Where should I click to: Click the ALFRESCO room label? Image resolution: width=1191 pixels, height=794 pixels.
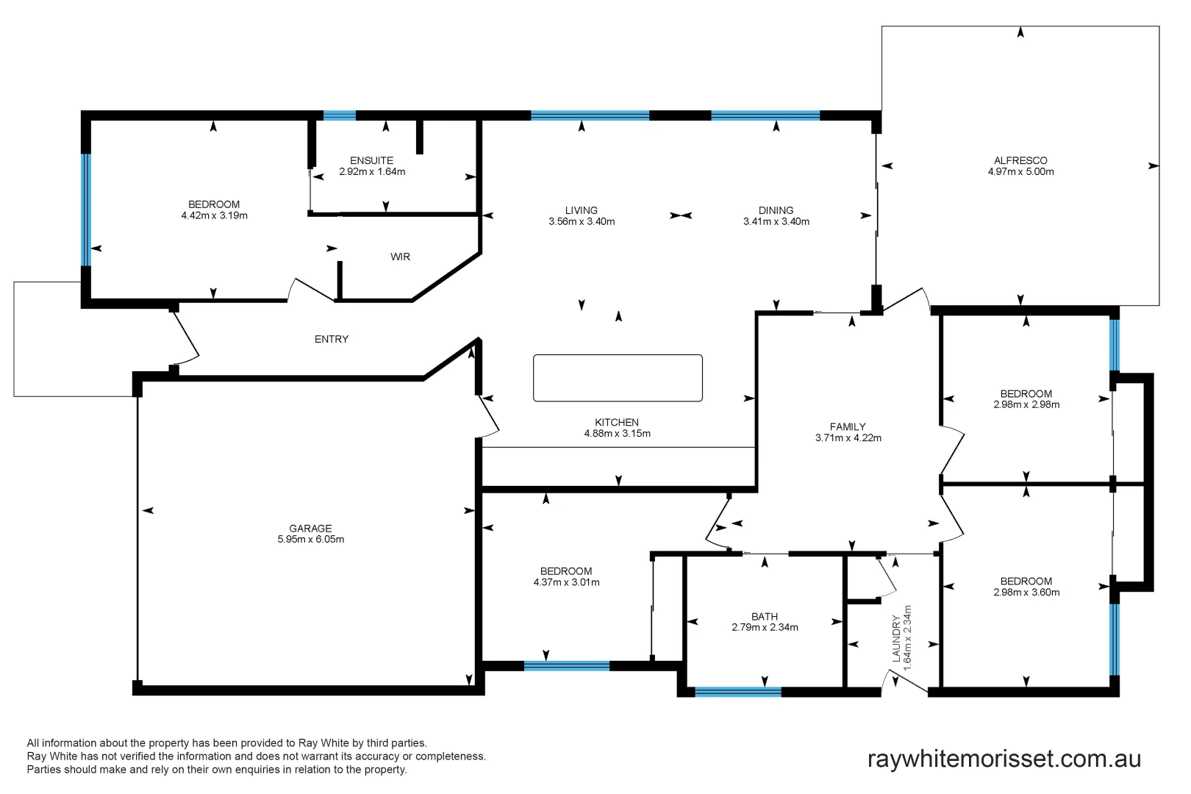(x=1020, y=160)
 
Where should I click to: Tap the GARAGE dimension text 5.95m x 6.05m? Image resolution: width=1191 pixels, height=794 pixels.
(x=310, y=540)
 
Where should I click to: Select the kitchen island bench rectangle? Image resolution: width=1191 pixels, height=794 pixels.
(x=618, y=378)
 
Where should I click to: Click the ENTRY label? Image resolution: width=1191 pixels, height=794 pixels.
(x=331, y=339)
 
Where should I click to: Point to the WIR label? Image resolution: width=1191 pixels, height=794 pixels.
(x=400, y=257)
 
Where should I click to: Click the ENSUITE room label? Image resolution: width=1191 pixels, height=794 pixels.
(x=371, y=160)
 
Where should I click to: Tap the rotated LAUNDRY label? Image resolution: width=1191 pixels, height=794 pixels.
(x=896, y=640)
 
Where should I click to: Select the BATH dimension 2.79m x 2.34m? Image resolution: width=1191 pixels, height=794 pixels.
(x=765, y=628)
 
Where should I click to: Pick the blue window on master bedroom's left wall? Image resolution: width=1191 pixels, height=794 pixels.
(x=86, y=210)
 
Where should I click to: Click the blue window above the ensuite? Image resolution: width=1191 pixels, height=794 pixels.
(x=340, y=115)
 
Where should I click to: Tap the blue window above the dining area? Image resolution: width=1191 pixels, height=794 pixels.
(x=765, y=115)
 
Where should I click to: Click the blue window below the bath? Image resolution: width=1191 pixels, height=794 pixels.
(x=737, y=692)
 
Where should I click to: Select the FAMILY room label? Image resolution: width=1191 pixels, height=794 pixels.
(x=848, y=426)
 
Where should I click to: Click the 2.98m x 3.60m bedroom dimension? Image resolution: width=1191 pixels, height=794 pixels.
(x=1026, y=593)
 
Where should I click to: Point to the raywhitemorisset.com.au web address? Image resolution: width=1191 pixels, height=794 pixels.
(x=1004, y=759)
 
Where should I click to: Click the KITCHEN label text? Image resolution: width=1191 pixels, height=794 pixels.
(x=616, y=422)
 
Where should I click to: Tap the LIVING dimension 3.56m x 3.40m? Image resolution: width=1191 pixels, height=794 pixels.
(x=582, y=221)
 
